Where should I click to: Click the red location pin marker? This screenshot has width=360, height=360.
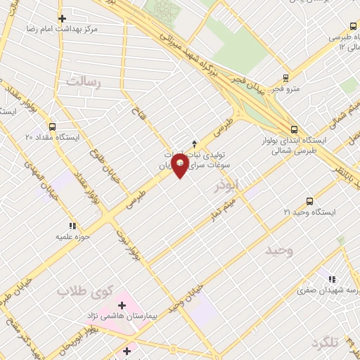pyautogui.click(x=180, y=165)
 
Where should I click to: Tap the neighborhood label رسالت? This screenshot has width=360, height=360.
pyautogui.click(x=84, y=82)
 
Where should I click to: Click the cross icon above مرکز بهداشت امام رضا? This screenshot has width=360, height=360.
pyautogui.click(x=63, y=18)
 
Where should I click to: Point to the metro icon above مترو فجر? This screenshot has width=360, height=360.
pyautogui.click(x=285, y=78)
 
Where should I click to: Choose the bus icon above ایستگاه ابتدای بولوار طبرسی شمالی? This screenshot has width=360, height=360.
pyautogui.click(x=294, y=129)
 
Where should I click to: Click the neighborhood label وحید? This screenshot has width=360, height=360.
pyautogui.click(x=280, y=251)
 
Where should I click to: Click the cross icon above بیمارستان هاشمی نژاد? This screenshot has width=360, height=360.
pyautogui.click(x=122, y=305)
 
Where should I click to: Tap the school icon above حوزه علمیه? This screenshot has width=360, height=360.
pyautogui.click(x=72, y=226)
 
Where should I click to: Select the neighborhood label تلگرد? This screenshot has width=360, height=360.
pyautogui.click(x=326, y=342)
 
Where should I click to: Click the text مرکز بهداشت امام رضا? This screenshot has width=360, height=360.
pyautogui.click(x=89, y=30)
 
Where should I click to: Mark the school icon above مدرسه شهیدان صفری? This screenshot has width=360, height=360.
pyautogui.click(x=331, y=279)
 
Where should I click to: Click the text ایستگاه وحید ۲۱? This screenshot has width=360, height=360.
pyautogui.click(x=309, y=212)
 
